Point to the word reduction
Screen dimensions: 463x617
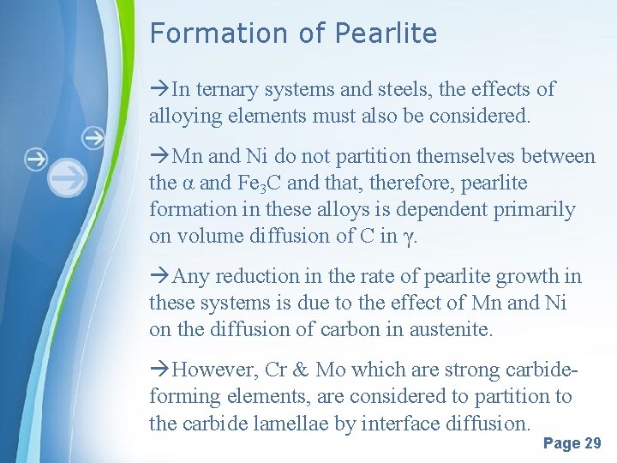255,276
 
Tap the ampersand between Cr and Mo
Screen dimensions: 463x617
300,370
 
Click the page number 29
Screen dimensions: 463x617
591,443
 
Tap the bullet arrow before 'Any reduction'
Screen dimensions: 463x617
159,276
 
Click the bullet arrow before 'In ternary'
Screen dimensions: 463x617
159,89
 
